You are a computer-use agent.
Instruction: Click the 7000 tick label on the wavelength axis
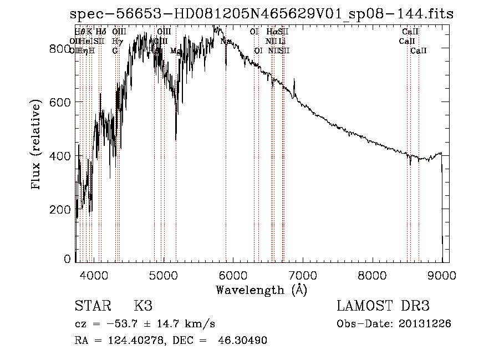click(x=303, y=274)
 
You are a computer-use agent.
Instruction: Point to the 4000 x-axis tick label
click(x=93, y=274)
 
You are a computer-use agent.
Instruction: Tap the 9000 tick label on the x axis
click(x=442, y=274)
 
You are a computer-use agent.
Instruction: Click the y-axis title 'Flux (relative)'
click(x=37, y=145)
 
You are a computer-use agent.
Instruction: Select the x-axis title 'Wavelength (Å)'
click(x=261, y=290)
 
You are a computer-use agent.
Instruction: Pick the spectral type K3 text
click(x=143, y=306)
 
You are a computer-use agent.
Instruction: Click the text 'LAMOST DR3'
click(x=383, y=306)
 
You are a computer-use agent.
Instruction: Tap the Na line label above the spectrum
click(x=226, y=41)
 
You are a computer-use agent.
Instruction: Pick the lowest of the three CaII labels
click(x=419, y=50)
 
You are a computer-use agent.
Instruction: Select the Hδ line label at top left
click(x=101, y=32)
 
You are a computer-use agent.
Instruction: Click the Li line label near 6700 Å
click(x=282, y=41)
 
